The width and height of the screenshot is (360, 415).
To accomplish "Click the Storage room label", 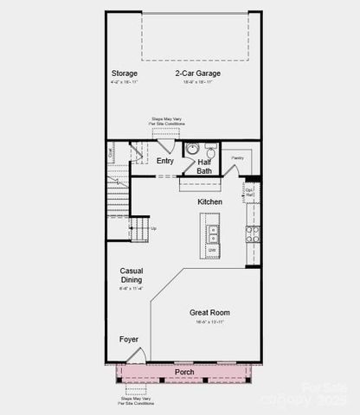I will pyautogui.click(x=124, y=73).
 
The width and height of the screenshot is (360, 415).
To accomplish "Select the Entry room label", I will pyautogui.click(x=165, y=161).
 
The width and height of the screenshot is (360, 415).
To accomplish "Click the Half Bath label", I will pyautogui.click(x=204, y=166).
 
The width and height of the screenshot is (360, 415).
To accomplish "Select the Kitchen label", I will pyautogui.click(x=209, y=201).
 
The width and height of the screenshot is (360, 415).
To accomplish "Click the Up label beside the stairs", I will pyautogui.click(x=153, y=228).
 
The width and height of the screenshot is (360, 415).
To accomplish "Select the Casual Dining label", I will pyautogui.click(x=132, y=275).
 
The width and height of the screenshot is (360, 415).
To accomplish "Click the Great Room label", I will pyautogui.click(x=209, y=312).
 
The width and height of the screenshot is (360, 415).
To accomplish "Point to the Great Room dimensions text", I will pyautogui.click(x=209, y=322).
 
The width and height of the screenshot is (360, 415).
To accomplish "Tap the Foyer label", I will pyautogui.click(x=129, y=340).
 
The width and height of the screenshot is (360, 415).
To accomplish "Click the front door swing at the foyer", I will pyautogui.click(x=132, y=355).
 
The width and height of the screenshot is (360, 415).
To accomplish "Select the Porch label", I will pyautogui.click(x=184, y=373).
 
